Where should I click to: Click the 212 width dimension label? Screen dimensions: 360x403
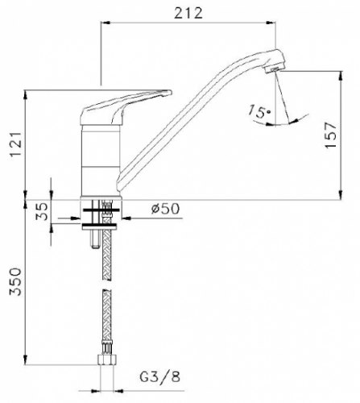(x=188, y=13)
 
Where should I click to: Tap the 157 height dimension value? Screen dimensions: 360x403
(x=330, y=135)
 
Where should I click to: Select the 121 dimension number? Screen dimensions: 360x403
(x=15, y=144)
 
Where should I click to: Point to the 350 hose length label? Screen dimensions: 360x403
(x=15, y=281)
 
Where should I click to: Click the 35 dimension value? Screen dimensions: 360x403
(x=42, y=211)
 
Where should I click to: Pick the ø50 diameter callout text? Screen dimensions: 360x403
(x=165, y=209)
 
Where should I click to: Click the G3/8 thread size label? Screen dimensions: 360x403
(x=159, y=376)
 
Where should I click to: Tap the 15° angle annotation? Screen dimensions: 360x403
(x=259, y=111)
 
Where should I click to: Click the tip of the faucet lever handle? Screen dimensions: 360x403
(x=170, y=92)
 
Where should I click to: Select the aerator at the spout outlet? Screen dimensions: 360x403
(x=273, y=70)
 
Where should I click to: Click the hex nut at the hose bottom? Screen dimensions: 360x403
(x=107, y=360)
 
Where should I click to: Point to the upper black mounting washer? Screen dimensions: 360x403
(x=101, y=210)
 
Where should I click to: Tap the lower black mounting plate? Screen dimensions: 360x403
(x=99, y=225)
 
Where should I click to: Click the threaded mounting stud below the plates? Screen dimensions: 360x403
(x=94, y=239)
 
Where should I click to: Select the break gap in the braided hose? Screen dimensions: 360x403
(x=107, y=285)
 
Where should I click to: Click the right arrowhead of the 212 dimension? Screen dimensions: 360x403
(x=271, y=23)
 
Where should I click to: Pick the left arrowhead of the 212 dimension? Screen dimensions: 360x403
(x=106, y=23)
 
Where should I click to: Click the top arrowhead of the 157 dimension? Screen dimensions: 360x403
(x=341, y=76)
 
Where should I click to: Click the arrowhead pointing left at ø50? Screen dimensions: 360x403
(x=126, y=218)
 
